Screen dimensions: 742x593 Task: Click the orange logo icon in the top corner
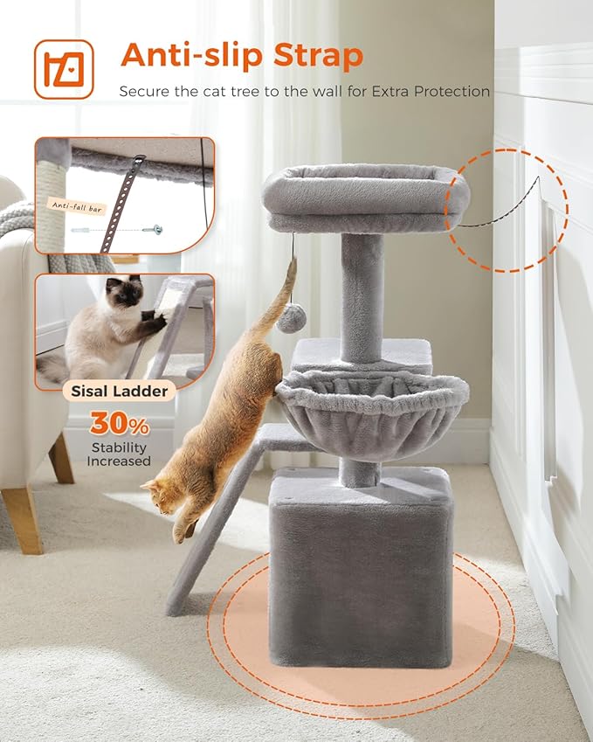[x=64, y=69]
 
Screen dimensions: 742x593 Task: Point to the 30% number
[x=119, y=424]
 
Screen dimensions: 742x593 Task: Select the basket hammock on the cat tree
[x=372, y=412]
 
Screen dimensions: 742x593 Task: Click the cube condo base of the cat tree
[x=362, y=568]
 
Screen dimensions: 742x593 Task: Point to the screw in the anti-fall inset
[x=157, y=229]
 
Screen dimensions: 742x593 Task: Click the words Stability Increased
[x=119, y=454]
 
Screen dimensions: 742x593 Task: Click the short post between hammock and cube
[x=358, y=472]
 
